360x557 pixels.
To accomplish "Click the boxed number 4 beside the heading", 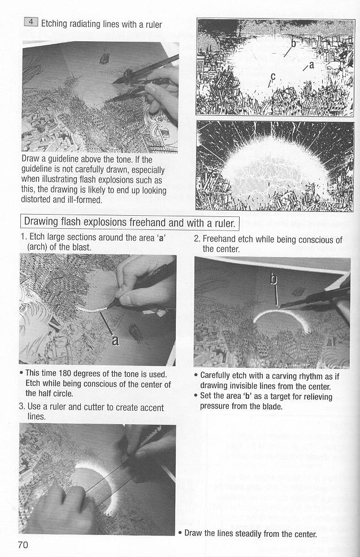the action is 31,21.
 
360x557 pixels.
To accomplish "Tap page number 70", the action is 23,545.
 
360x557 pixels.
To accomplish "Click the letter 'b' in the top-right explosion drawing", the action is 293,43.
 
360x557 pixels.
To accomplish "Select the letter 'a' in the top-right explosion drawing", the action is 311,65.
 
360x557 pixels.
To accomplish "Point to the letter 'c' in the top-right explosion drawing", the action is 273,76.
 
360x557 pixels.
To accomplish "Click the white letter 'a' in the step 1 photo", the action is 115,340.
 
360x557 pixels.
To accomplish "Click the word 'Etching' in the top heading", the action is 54,24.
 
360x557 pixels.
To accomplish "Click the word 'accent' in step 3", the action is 152,407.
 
